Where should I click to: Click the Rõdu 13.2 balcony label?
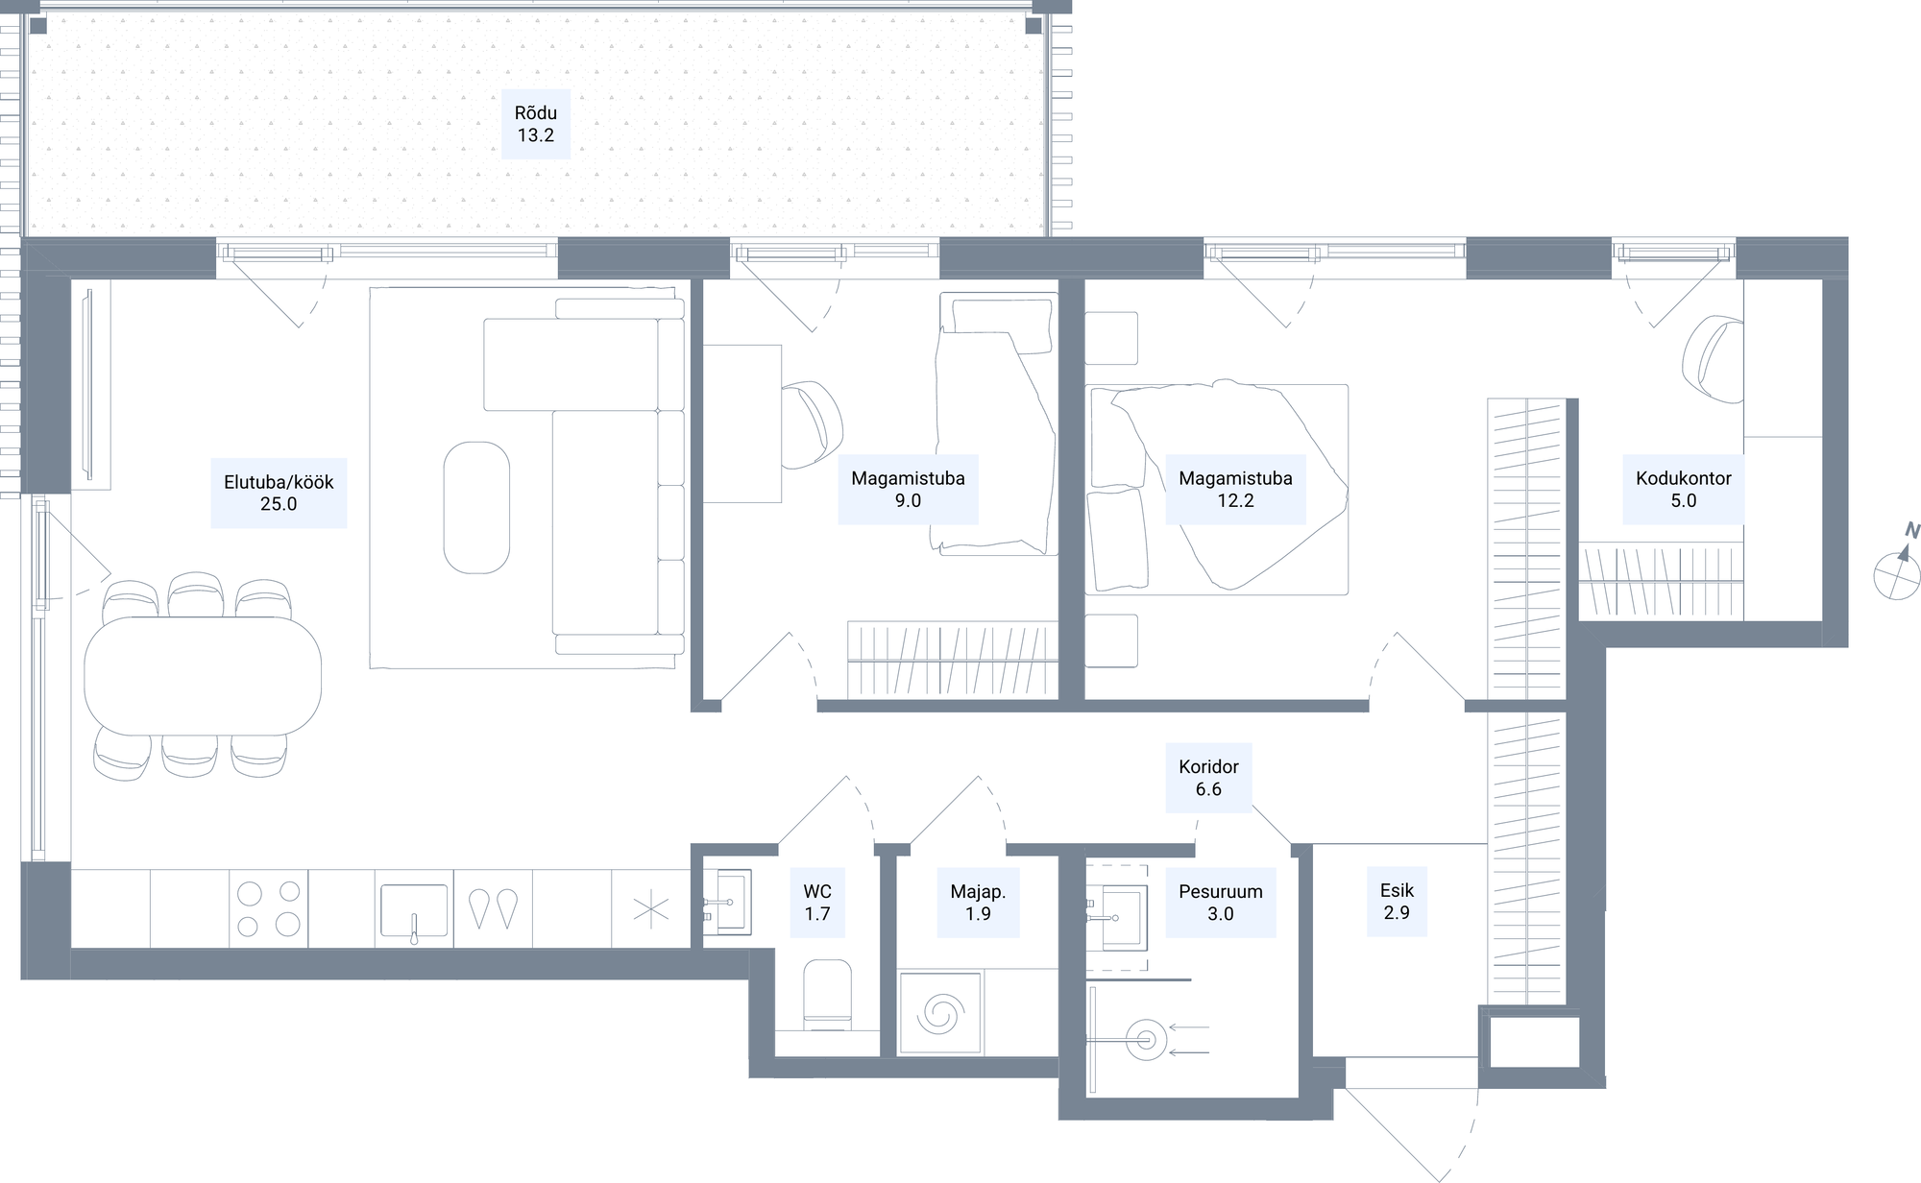coord(536,124)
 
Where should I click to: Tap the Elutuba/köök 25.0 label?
coord(279,493)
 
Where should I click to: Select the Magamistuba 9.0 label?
coord(908,489)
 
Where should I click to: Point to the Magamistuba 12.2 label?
coord(1235,489)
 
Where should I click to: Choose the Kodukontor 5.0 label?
coord(1683,489)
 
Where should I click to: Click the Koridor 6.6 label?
coord(1208,778)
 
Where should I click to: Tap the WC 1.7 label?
coord(817,903)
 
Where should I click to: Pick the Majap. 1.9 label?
coord(978,903)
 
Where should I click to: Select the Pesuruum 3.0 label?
coord(1221,903)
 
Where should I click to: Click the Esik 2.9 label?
coord(1397,902)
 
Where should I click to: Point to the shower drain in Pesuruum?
coord(1145,1039)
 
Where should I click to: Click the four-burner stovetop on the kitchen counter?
coord(269,908)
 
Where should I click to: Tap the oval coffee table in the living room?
coord(476,507)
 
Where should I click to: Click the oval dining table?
coord(203,676)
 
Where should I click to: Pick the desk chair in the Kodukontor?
coord(1713,360)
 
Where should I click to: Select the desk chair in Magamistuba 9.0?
coord(812,423)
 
